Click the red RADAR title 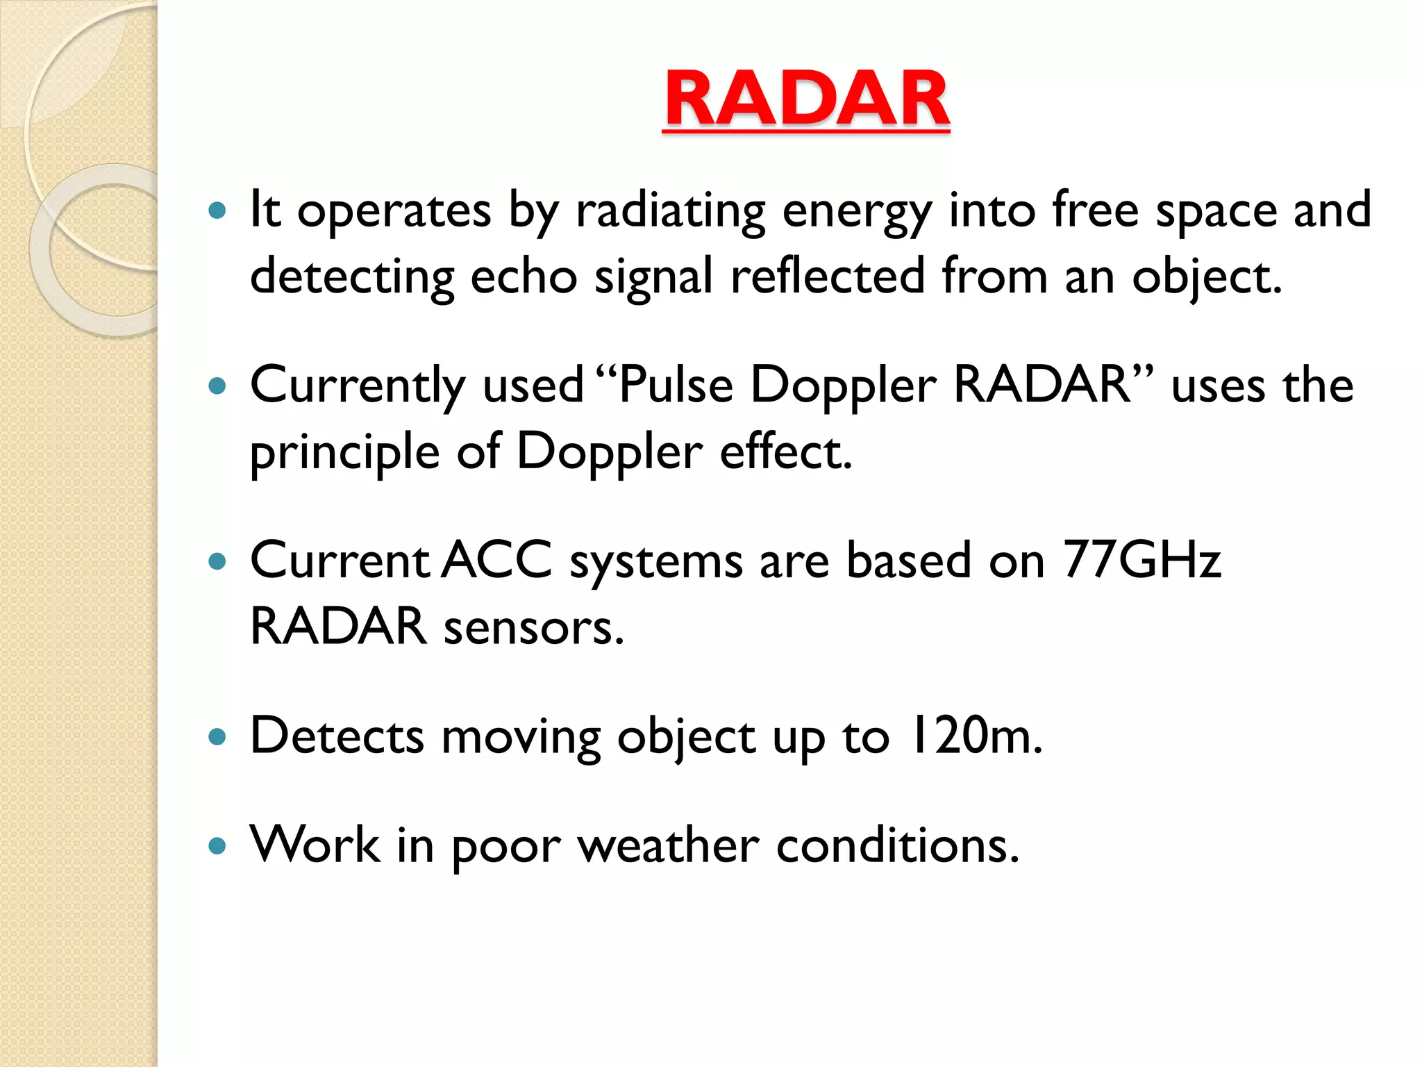(806, 99)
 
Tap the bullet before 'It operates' (217, 210)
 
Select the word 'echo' (524, 276)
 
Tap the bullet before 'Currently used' (217, 386)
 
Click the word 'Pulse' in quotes (675, 386)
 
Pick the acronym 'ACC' (497, 560)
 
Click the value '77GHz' (1141, 560)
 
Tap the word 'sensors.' (533, 627)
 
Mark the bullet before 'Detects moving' (217, 736)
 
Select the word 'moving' (521, 738)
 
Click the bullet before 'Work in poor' (217, 845)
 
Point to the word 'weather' (668, 846)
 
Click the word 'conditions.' (897, 846)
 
